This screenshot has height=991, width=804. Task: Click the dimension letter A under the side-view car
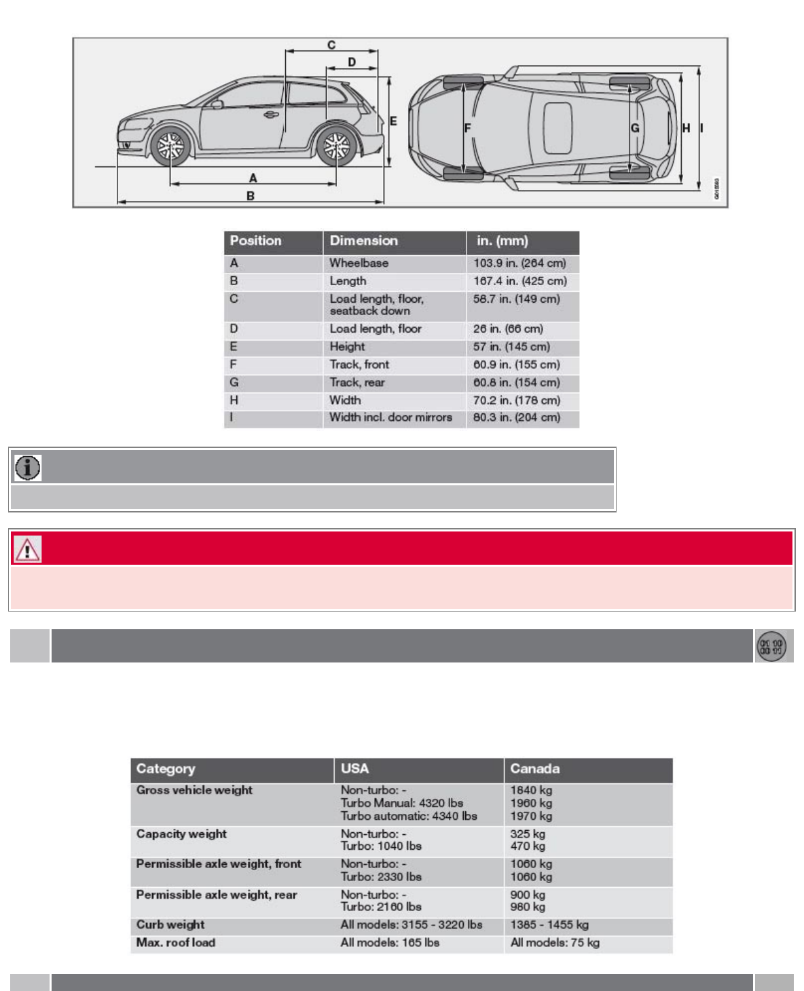pos(253,178)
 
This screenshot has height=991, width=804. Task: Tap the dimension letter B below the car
pos(251,195)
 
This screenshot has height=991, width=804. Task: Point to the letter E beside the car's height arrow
pos(393,121)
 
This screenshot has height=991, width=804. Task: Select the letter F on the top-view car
pos(467,128)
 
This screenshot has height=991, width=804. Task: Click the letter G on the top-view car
pos(635,128)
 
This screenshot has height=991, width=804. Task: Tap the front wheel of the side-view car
pos(170,147)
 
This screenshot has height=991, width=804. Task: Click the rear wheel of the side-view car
pos(335,146)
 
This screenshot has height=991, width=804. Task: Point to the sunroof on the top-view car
pos(558,128)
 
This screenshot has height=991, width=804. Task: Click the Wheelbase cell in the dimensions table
pos(359,263)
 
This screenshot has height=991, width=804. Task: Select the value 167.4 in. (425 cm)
pos(520,281)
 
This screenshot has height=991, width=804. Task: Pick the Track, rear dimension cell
pos(357,383)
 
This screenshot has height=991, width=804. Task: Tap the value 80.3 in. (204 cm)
pos(517,417)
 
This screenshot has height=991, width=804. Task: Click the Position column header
pos(255,241)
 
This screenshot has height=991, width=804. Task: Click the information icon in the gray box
pos(28,468)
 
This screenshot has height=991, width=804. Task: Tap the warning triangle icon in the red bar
pos(28,549)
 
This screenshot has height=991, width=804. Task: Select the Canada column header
pos(535,769)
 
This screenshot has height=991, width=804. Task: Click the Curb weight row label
pos(170,924)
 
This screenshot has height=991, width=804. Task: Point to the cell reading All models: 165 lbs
pos(390,943)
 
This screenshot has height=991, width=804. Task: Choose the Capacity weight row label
pos(181,834)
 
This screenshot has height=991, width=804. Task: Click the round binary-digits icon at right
pos(771,646)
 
